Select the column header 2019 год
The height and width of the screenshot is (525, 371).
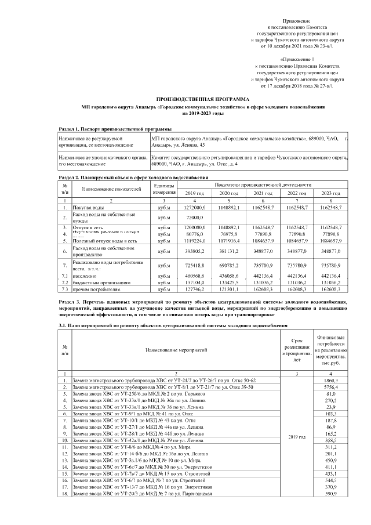tap(194, 193)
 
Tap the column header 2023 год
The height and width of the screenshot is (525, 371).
tap(330, 193)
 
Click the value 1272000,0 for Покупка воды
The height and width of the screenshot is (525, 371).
tap(195, 207)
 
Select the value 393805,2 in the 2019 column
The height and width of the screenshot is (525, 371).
tap(196, 251)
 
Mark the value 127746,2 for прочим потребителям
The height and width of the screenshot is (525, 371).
tap(196, 288)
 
